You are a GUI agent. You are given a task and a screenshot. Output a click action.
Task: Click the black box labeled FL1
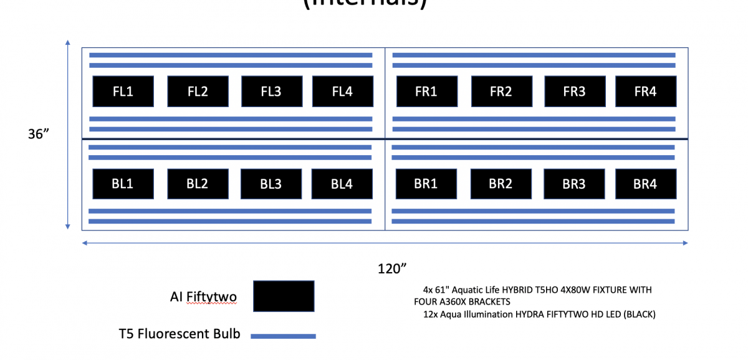[123, 92]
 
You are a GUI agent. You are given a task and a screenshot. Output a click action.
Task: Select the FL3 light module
[271, 92]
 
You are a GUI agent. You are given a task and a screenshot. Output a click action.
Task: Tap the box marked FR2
[501, 92]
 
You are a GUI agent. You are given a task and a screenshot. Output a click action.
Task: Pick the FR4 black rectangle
[646, 92]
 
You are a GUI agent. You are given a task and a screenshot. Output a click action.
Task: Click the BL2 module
[197, 184]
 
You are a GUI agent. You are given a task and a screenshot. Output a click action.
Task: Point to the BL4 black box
[342, 184]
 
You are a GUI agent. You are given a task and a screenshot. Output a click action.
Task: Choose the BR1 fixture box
[426, 184]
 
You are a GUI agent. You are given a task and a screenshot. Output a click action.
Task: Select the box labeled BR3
[573, 184]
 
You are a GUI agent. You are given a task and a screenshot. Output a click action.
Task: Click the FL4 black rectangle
[342, 92]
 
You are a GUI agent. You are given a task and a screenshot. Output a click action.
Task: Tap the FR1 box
[426, 92]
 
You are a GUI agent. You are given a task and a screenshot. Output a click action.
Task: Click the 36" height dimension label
[39, 135]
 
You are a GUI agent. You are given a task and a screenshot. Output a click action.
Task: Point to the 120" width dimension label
[392, 268]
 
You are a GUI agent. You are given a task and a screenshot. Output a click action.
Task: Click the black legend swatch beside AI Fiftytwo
[284, 296]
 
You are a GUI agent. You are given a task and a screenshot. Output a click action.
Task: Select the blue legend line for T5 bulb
[283, 336]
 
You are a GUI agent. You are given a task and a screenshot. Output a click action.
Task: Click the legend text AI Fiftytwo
[203, 297]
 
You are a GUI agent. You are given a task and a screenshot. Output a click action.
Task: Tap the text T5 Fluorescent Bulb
[180, 334]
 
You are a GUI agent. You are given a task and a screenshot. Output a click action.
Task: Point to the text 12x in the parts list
[429, 315]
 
